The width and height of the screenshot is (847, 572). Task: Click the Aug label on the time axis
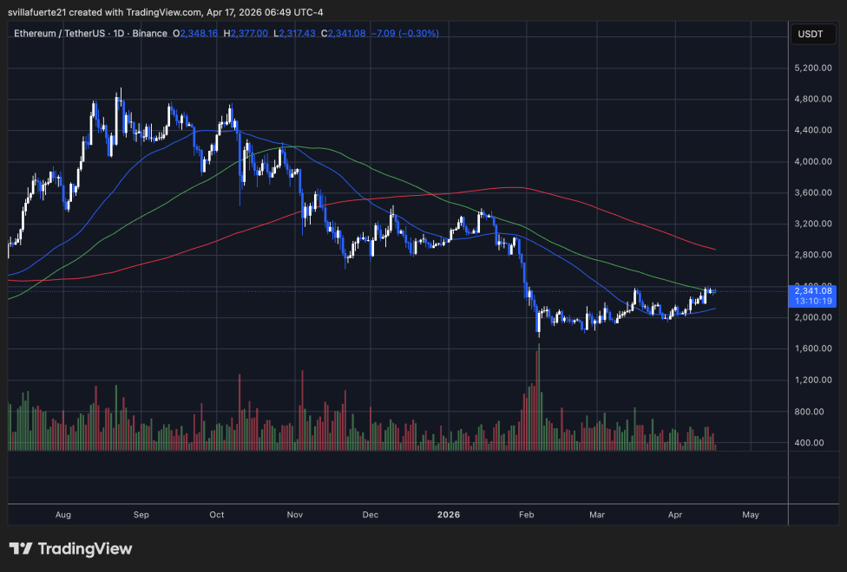(x=62, y=515)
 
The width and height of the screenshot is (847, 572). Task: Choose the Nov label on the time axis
(x=294, y=515)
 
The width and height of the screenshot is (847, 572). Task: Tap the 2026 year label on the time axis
(x=449, y=515)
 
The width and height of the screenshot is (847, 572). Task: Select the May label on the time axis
(x=751, y=515)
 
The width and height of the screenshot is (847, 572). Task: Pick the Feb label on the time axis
(x=526, y=515)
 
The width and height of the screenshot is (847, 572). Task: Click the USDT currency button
(x=811, y=35)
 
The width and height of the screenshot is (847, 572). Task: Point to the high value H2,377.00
(x=245, y=33)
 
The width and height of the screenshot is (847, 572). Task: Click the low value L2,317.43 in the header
(x=294, y=33)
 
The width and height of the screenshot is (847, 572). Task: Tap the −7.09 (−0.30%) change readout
(x=404, y=33)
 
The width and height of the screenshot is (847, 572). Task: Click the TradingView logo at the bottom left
(x=70, y=549)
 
